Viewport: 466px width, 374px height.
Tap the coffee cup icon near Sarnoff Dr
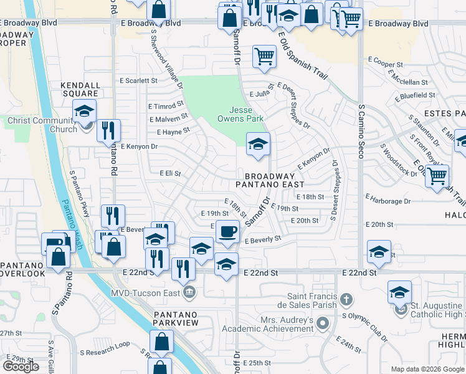pos(227,231)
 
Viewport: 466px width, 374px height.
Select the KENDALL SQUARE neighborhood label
pos(80,89)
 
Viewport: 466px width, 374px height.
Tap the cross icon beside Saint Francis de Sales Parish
pos(346,301)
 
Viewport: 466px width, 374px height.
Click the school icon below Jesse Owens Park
pos(258,145)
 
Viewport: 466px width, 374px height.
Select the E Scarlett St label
pos(139,80)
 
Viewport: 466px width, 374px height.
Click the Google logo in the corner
pos(21,367)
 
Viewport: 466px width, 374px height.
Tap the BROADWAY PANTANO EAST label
pos(270,181)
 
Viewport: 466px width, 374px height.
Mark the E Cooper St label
pos(387,64)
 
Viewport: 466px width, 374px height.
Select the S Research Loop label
pos(107,343)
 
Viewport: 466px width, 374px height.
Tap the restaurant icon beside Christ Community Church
pos(108,130)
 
